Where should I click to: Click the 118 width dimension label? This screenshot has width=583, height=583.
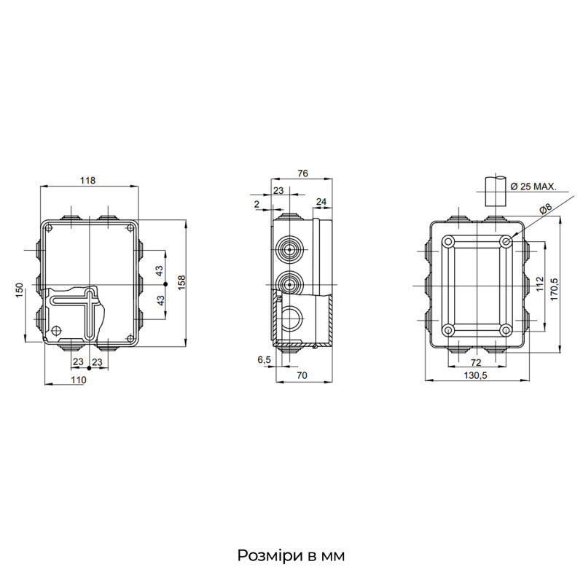tap(87, 180)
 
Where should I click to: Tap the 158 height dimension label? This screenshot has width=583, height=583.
tap(181, 282)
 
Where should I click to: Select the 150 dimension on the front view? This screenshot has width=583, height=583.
tap(20, 290)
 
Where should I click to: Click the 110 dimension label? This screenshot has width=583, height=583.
tap(79, 380)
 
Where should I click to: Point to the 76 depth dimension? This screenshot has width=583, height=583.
tap(302, 173)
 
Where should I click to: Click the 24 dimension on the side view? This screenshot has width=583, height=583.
tap(321, 202)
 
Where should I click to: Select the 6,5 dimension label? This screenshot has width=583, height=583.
tap(265, 359)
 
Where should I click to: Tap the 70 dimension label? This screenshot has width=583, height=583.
tap(302, 375)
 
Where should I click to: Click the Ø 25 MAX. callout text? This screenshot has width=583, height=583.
tap(533, 187)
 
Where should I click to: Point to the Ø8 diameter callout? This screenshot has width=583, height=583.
tap(545, 209)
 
